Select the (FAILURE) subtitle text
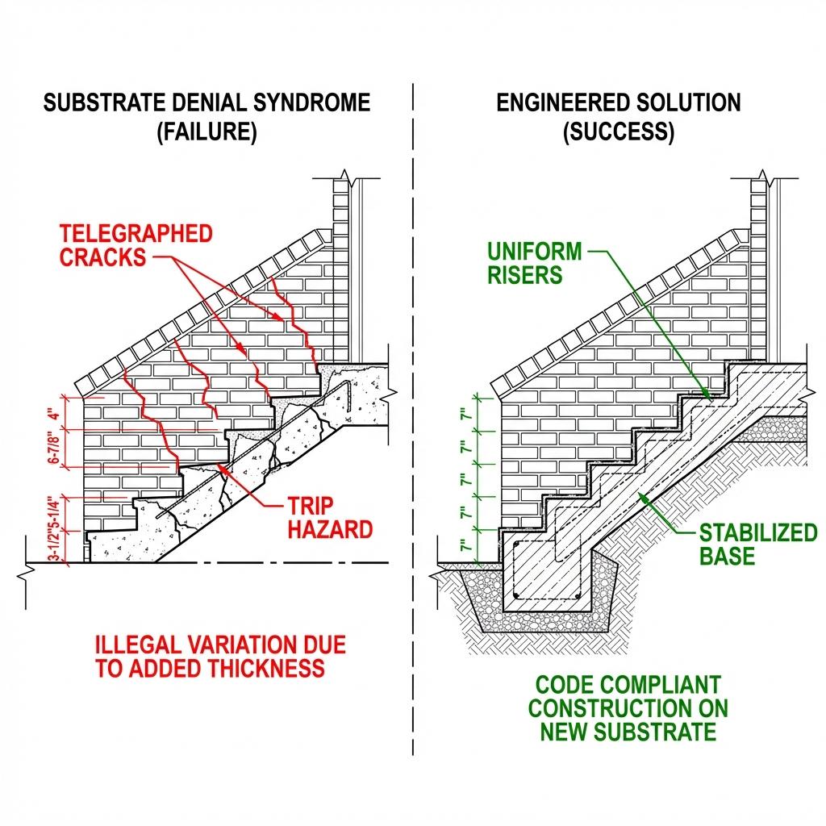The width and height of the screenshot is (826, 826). [x=206, y=132]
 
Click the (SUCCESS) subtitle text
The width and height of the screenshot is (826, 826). [x=618, y=132]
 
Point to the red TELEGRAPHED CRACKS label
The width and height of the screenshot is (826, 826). [x=136, y=245]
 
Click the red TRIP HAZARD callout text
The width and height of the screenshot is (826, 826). [x=330, y=518]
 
